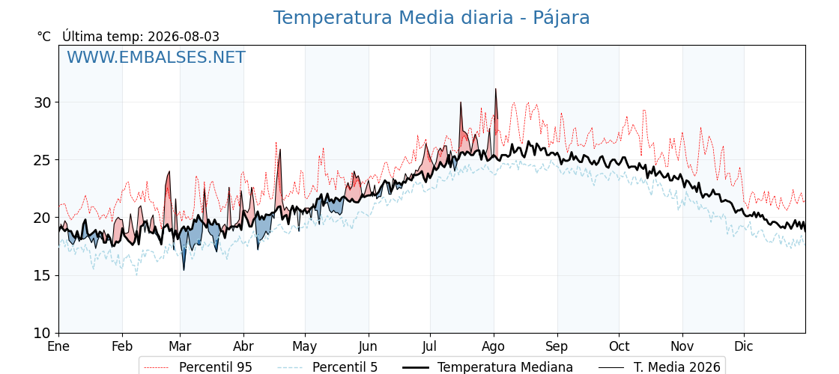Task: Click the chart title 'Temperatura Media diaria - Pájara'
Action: (x=431, y=18)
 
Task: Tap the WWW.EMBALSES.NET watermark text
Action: (x=156, y=57)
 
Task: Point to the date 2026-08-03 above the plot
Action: (x=184, y=37)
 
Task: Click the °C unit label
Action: (x=44, y=37)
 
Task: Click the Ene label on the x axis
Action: (x=59, y=346)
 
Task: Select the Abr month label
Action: (x=243, y=346)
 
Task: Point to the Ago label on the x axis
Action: (x=494, y=346)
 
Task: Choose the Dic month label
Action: (x=744, y=346)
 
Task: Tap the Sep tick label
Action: (x=557, y=346)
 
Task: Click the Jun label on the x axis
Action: (x=368, y=346)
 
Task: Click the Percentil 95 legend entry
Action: (x=198, y=367)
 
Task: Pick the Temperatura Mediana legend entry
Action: (x=486, y=367)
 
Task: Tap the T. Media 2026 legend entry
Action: (x=658, y=367)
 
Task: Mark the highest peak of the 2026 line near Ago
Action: (x=495, y=89)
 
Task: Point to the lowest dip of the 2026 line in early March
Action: (x=184, y=270)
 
